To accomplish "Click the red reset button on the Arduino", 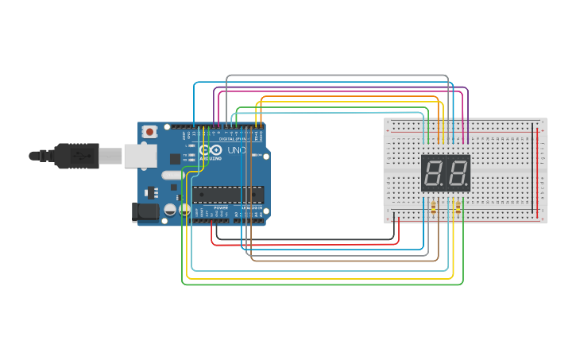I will [149, 131].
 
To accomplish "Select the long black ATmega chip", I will [228, 195].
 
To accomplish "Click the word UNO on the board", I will [237, 150].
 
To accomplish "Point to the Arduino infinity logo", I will [211, 149].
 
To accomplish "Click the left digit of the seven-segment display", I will [434, 172].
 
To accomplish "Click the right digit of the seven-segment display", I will [458, 172].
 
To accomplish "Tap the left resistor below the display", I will [433, 208].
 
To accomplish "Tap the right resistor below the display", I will [458, 208].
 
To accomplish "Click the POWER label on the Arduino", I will [220, 207].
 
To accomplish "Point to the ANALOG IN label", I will [252, 207].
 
